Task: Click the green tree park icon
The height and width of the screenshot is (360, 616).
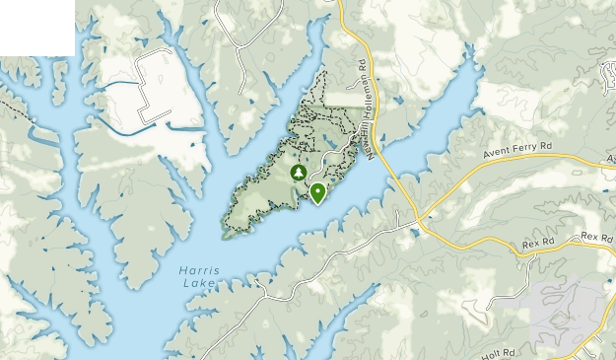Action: point(298,173)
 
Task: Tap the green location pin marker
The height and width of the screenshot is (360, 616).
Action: point(317,191)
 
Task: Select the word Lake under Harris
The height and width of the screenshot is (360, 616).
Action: point(196,283)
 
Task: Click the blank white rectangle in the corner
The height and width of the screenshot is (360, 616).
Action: point(36,27)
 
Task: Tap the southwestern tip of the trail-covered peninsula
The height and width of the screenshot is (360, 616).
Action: point(226,235)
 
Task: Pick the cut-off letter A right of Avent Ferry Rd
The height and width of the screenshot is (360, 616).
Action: point(611,159)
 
